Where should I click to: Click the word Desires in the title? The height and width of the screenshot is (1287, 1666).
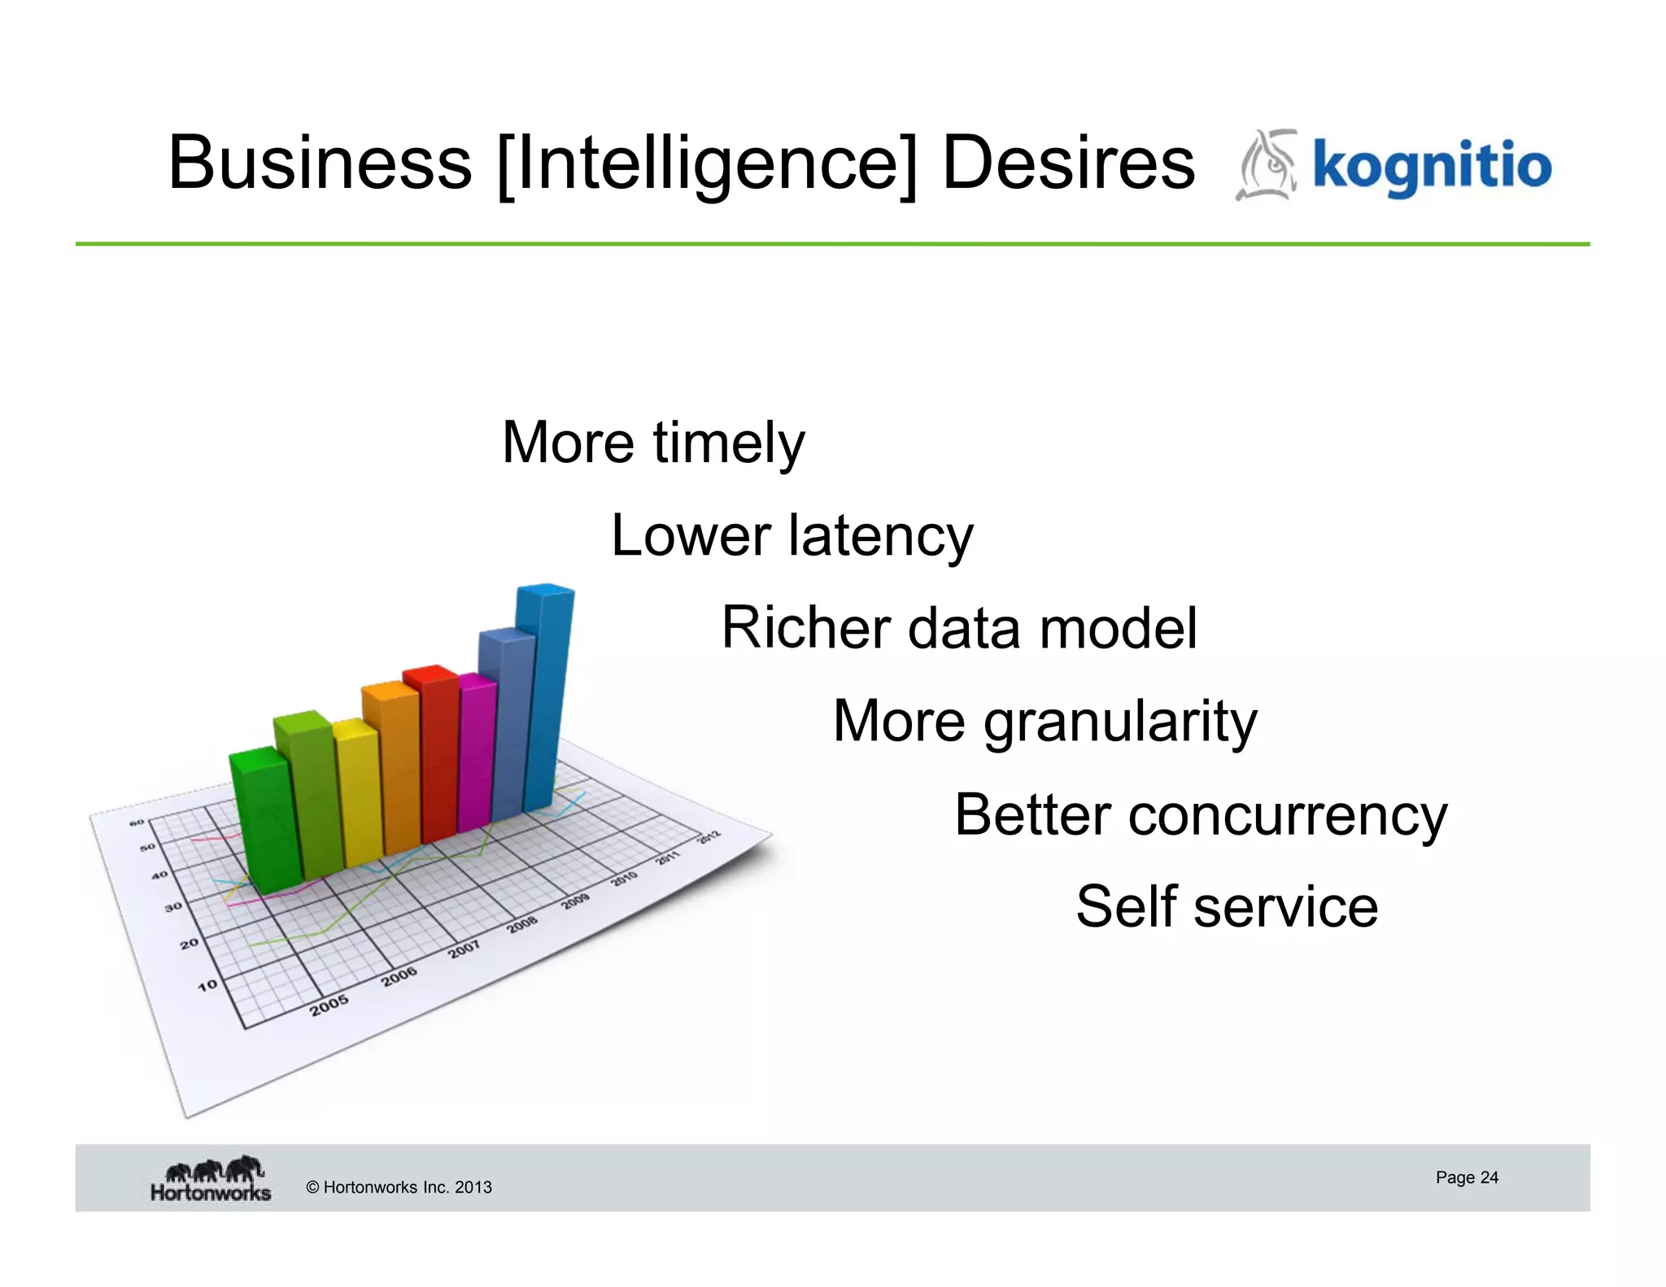pyautogui.click(x=1068, y=164)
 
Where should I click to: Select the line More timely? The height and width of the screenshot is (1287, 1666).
pyautogui.click(x=653, y=443)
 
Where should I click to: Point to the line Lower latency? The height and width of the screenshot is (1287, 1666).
pyautogui.click(x=792, y=536)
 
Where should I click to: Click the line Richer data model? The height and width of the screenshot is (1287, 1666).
pyautogui.click(x=959, y=629)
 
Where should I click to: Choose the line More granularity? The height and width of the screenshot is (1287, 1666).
pyautogui.click(x=1045, y=722)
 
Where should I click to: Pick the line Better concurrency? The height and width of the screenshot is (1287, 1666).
pyautogui.click(x=1201, y=815)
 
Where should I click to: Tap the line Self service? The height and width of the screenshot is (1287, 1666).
pyautogui.click(x=1227, y=907)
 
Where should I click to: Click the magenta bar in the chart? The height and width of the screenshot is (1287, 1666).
pyautogui.click(x=477, y=753)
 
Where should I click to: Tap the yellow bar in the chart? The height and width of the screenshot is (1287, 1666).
pyautogui.click(x=359, y=793)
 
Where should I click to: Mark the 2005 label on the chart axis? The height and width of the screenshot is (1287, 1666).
pyautogui.click(x=329, y=1006)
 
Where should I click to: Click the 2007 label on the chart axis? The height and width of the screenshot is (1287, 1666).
pyautogui.click(x=464, y=949)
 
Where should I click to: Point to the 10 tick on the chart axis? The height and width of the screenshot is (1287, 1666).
pyautogui.click(x=207, y=985)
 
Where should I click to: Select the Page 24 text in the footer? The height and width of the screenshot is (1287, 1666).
pyautogui.click(x=1467, y=1177)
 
